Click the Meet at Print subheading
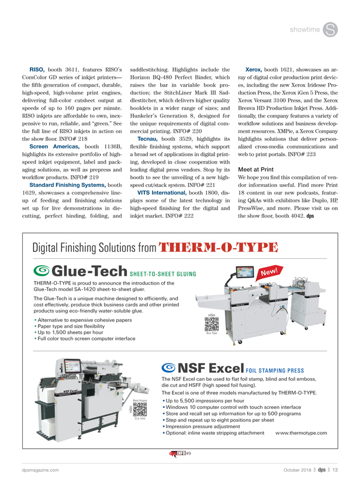coord(256,152)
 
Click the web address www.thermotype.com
coord(300,433)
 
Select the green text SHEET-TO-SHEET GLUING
coord(164,272)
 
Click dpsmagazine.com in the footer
coord(36,470)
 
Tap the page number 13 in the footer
coord(335,470)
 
